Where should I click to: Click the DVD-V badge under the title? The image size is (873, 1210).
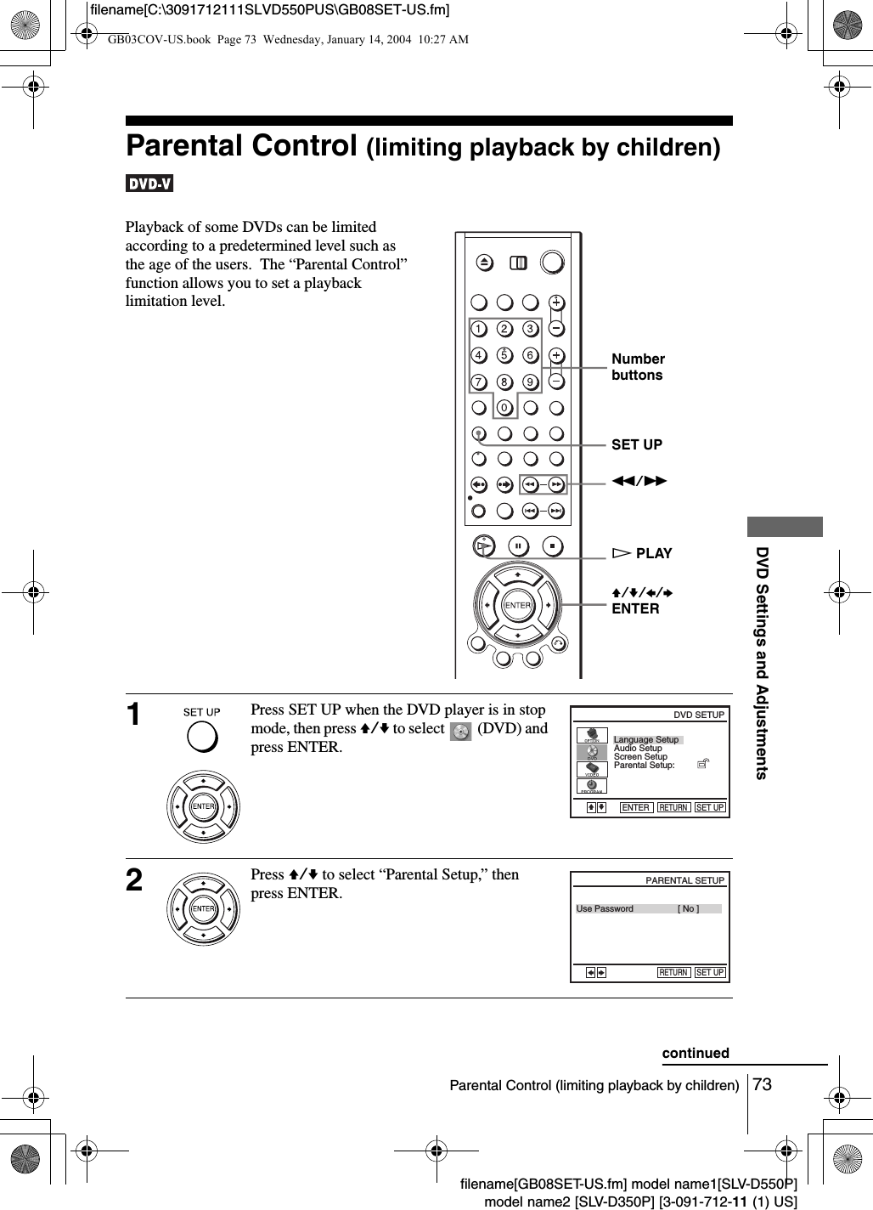149,184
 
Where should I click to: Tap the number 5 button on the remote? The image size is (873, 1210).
504,355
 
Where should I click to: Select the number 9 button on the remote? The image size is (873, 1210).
530,382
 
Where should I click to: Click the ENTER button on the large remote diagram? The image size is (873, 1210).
517,605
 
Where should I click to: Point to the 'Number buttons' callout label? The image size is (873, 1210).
638,367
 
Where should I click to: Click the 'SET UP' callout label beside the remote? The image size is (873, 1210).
637,444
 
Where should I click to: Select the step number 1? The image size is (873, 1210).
134,715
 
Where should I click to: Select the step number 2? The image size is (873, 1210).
134,880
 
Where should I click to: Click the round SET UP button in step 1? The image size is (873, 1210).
202,737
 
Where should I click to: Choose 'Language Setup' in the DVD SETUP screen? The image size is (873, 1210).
646,739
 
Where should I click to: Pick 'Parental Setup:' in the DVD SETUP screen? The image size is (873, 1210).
645,766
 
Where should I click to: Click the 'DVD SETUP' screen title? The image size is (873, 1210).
699,715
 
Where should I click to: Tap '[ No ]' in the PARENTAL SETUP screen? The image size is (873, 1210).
689,909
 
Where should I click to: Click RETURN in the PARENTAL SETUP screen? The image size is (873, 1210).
673,972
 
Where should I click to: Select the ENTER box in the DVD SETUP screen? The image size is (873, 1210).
636,807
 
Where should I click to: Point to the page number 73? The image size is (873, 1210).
763,1085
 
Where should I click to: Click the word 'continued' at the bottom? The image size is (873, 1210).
696,1053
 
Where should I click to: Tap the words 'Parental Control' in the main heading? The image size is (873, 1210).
241,145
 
